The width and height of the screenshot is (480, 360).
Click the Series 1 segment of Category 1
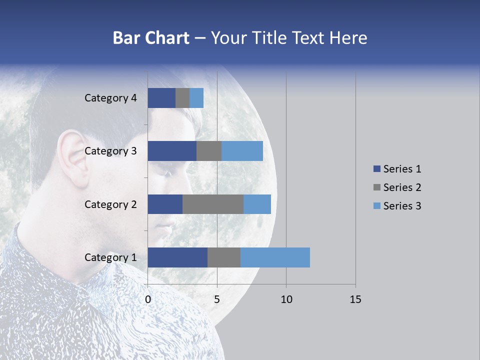pos(177,257)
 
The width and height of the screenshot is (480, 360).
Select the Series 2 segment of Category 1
pos(224,257)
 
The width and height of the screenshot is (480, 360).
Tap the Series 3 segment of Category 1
pos(275,257)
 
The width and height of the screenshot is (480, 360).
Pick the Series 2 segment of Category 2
pos(213,204)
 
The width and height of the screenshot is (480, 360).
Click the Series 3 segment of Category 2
pos(257,204)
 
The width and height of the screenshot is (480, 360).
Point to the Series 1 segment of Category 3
pos(172,151)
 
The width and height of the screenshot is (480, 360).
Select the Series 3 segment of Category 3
pos(242,151)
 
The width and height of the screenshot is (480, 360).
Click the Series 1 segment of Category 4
pos(161,98)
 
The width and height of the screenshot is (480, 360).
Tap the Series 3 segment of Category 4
pos(196,98)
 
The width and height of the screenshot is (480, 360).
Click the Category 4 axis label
pos(110,98)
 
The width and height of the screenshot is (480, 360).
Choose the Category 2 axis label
pos(110,204)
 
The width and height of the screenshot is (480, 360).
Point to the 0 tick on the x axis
pos(148,299)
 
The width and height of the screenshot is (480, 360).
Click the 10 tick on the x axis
pos(286,299)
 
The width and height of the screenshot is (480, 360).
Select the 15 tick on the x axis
pos(355,299)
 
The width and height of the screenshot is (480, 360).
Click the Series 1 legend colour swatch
pos(376,169)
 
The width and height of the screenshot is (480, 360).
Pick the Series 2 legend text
pos(402,187)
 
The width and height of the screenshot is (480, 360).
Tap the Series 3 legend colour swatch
pos(376,206)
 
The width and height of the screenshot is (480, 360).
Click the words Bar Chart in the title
pos(151,38)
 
